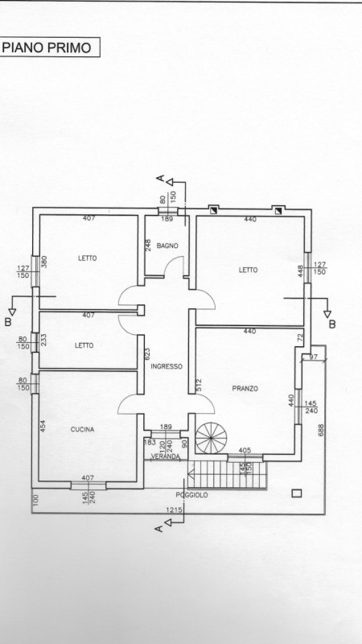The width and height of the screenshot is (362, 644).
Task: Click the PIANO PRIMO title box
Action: click(50, 47)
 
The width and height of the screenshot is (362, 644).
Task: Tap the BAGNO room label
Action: click(167, 246)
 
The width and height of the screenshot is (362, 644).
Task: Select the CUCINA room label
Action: click(82, 430)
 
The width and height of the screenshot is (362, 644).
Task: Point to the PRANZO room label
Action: click(245, 388)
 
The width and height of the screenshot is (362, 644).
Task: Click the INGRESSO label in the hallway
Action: click(167, 366)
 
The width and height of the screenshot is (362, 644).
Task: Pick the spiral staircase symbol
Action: click(211, 438)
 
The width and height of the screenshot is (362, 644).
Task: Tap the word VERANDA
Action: click(166, 456)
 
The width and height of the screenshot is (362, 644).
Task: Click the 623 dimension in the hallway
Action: click(148, 354)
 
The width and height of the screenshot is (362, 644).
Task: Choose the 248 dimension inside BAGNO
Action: click(149, 246)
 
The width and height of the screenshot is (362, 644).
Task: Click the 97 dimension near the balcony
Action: click(314, 357)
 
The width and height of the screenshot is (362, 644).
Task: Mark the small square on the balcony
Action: click(296, 493)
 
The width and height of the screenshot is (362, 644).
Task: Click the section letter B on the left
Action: click(8, 322)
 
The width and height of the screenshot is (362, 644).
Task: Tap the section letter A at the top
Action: click(161, 178)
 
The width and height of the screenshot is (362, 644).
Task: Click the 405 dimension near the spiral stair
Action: click(245, 451)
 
